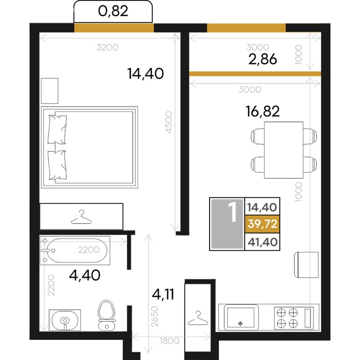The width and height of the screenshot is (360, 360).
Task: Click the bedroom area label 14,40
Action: [x=146, y=74]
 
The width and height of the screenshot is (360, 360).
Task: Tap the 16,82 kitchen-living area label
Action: [x=262, y=111]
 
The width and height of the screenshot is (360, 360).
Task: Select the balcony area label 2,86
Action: [x=262, y=59]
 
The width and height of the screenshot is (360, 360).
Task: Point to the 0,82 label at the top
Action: [x=113, y=11]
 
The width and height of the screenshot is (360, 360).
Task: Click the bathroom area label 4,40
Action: [x=84, y=275]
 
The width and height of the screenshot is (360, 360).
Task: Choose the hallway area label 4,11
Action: [x=163, y=294]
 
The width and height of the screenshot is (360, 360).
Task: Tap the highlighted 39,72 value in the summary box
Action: [x=262, y=224]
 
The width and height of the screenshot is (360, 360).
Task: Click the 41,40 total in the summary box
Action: [x=262, y=242]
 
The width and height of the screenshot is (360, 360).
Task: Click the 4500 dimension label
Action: [x=169, y=122]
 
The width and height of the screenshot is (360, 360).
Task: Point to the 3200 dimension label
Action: [x=107, y=47]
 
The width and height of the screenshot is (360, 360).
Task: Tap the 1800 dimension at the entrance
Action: [x=169, y=341]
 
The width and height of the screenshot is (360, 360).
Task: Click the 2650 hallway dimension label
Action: [x=155, y=316]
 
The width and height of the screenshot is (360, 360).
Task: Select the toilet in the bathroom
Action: [x=106, y=315]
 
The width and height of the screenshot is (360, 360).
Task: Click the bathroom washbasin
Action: [x=65, y=320]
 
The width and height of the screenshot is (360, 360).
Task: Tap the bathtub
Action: [x=75, y=250]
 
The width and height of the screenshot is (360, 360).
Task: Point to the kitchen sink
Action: [x=241, y=317]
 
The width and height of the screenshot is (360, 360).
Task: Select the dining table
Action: [x=284, y=150]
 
